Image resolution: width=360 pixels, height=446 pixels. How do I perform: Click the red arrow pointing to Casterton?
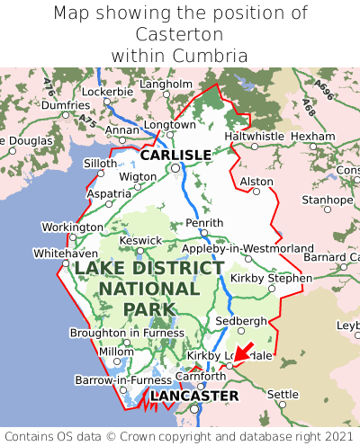click(241, 353)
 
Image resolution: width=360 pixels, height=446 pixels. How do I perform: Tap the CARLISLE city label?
click(175, 155)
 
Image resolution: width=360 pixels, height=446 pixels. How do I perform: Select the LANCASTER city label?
click(194, 396)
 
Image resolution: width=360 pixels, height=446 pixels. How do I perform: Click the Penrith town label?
click(203, 223)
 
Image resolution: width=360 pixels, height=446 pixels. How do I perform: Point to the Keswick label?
click(141, 240)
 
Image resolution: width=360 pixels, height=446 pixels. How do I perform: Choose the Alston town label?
click(256, 182)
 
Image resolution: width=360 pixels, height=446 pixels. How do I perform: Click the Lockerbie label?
click(107, 92)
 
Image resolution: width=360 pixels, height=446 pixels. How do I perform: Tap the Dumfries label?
click(66, 105)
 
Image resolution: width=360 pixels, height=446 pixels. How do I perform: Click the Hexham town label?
click(313, 136)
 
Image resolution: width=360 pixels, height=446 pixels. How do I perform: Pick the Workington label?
click(73, 227)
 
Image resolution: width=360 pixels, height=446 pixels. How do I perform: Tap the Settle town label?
click(283, 394)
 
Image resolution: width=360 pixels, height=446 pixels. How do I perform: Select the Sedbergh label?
click(241, 321)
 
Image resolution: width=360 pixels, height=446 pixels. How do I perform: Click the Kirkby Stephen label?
click(271, 278)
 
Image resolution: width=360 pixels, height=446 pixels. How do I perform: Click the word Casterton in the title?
click(179, 34)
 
